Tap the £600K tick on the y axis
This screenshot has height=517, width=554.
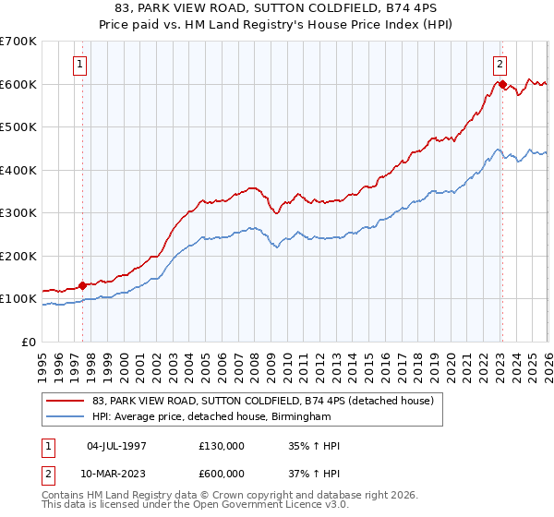click(18, 84)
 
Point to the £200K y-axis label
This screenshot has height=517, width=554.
click(18, 256)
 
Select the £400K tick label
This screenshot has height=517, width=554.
click(18, 170)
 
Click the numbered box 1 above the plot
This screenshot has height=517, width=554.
click(81, 65)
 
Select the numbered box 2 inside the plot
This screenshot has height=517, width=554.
click(500, 65)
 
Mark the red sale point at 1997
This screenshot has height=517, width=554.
click(82, 286)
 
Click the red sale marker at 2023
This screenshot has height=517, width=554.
click(501, 85)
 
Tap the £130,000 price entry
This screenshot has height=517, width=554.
click(222, 446)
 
